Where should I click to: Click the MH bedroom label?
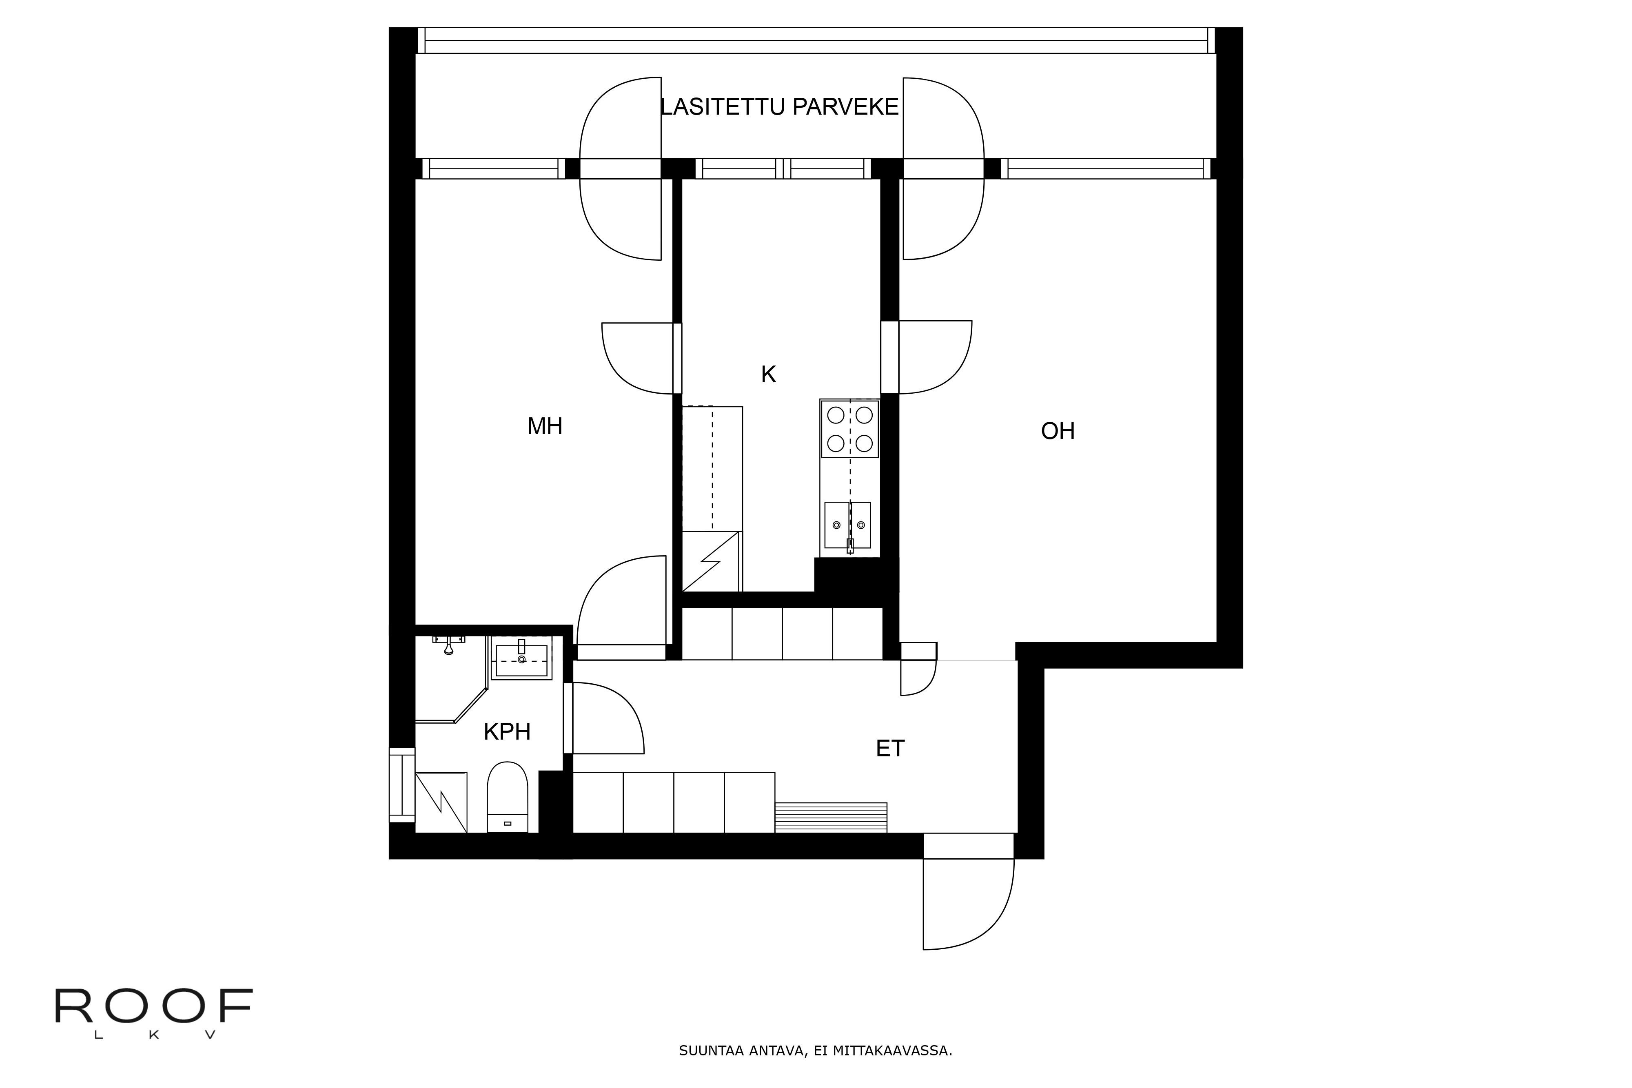545,426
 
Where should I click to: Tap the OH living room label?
1058,431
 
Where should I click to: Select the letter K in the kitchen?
768,374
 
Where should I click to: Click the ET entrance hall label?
890,748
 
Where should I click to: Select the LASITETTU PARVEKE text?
779,107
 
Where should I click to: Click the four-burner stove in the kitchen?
850,429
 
